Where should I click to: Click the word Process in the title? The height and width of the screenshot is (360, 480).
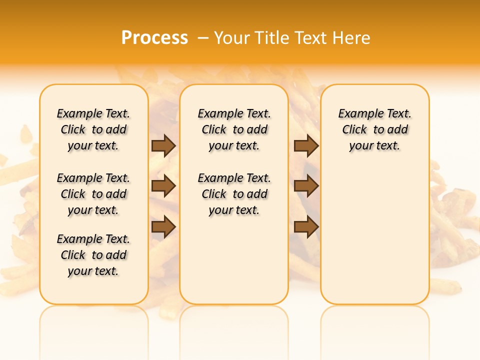click(x=154, y=38)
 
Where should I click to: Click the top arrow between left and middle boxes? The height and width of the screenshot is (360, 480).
click(x=163, y=145)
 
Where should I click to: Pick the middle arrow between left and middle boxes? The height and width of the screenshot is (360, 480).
click(x=163, y=186)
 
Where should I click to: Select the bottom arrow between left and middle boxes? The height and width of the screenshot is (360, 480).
click(x=163, y=226)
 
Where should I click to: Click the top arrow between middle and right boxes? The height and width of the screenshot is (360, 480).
click(x=306, y=145)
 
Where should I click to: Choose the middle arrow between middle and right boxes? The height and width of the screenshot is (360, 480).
click(x=306, y=186)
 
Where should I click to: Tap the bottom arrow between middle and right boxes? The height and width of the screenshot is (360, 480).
click(x=306, y=226)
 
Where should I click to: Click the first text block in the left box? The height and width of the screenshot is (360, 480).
click(x=93, y=129)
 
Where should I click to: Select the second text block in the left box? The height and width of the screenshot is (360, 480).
click(x=93, y=194)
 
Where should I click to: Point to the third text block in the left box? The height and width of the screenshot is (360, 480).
click(x=93, y=255)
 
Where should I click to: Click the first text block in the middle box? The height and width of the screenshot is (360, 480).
click(x=234, y=129)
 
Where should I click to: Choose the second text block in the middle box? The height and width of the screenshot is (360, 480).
click(x=234, y=194)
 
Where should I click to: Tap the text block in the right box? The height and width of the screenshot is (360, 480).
click(x=375, y=129)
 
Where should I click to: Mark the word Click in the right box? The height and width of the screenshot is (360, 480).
click(x=354, y=130)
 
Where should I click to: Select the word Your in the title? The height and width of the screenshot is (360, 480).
click(x=230, y=38)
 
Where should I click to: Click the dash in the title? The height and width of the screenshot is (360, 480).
click(x=203, y=38)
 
